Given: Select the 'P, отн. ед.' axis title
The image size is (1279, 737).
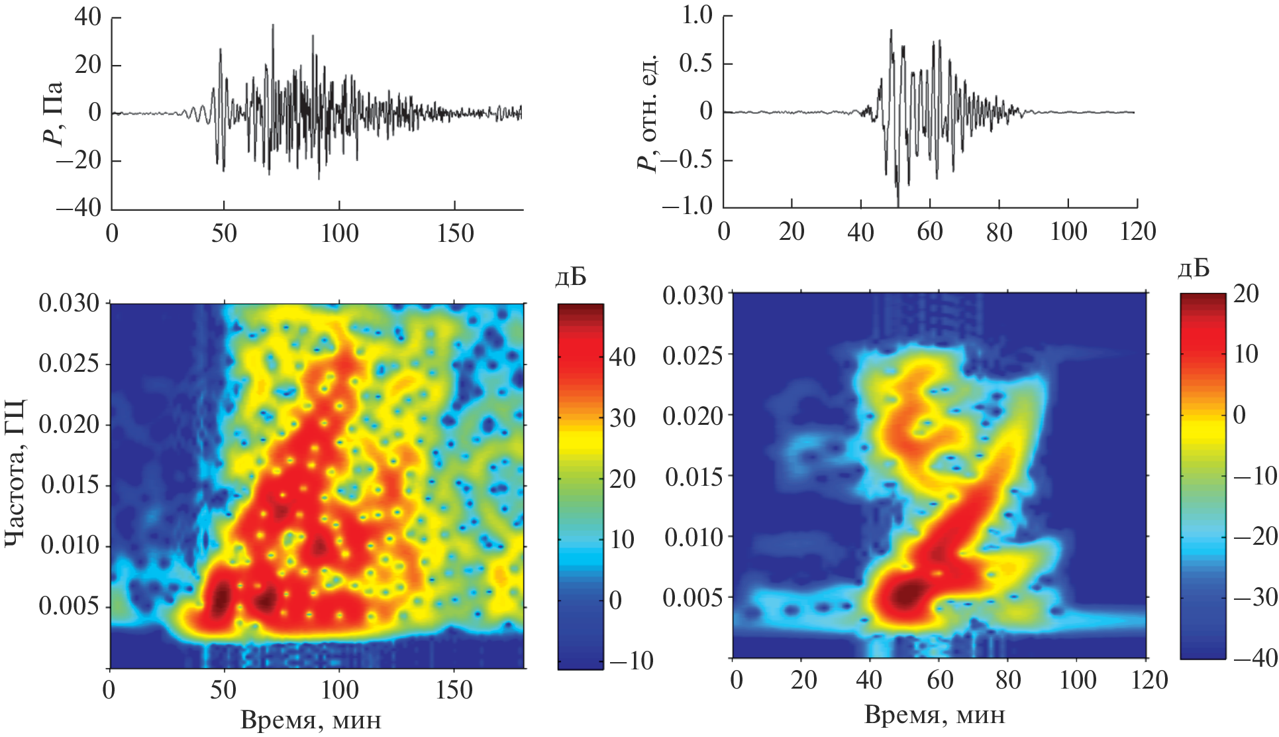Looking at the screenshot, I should coord(648,113).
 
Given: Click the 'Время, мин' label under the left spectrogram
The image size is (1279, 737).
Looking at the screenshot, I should coord(311,720).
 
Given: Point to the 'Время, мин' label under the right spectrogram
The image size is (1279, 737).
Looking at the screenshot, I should coord(935,714).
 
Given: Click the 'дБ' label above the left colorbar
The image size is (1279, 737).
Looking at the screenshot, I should coord(571,278).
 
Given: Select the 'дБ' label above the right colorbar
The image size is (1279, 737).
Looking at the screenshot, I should coord(1194,268).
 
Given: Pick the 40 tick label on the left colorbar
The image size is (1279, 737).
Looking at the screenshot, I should coord(622,357).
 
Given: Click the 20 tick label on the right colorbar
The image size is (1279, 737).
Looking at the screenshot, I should coord(1246,293).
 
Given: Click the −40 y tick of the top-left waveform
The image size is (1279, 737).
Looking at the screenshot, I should coord(78,207).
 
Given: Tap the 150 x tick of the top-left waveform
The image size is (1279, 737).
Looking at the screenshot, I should coord(455,233).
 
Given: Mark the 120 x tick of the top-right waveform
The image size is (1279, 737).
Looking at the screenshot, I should coord(1136,231).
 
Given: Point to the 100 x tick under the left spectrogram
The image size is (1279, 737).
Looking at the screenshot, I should coord(339,690).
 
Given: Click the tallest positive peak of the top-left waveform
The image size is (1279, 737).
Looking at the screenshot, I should coord(272,26).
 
